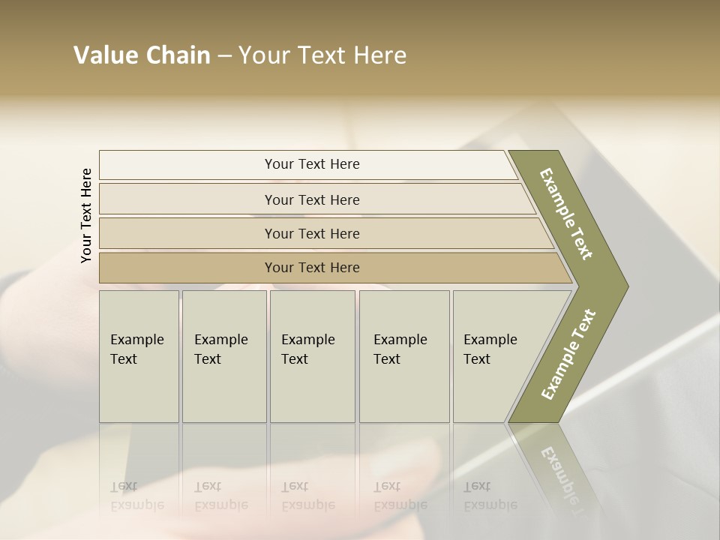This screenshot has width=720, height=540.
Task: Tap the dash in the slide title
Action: [224, 56]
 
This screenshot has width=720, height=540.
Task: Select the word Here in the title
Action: [379, 55]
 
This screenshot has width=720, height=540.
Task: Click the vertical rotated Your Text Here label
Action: [86, 216]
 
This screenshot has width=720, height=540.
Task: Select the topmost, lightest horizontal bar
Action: [187, 164]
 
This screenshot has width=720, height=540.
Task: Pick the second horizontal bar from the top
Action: [187, 199]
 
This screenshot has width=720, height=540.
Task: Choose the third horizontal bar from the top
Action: [187, 233]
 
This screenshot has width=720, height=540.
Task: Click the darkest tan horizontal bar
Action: [187, 268]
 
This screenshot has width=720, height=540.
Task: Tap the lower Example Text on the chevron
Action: [568, 354]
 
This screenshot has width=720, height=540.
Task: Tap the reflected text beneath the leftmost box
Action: [136, 496]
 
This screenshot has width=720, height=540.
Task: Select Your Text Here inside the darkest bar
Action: [312, 268]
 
